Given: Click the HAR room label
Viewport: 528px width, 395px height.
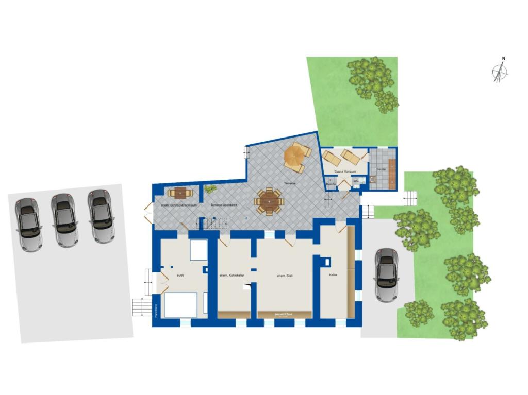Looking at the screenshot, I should pyautogui.click(x=180, y=276).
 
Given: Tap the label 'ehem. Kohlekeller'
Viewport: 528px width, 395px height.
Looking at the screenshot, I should pyautogui.click(x=232, y=276).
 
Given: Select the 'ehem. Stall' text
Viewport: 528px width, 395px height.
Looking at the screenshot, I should pyautogui.click(x=285, y=276).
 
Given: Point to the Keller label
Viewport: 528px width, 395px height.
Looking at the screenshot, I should pyautogui.click(x=333, y=276).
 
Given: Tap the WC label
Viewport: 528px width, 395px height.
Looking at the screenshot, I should pyautogui.click(x=356, y=181).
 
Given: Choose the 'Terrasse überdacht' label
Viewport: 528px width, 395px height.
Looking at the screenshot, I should pyautogui.click(x=224, y=205).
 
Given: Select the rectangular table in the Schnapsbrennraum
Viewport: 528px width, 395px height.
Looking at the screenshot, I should pyautogui.click(x=180, y=193).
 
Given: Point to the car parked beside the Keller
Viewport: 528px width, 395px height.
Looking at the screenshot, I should pyautogui.click(x=386, y=274).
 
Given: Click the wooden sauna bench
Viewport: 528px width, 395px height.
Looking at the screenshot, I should pyautogui.click(x=392, y=173).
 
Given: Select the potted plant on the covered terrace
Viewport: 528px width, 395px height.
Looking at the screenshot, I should pyautogui.click(x=209, y=189).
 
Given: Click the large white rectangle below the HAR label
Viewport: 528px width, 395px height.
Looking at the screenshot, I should pyautogui.click(x=180, y=304).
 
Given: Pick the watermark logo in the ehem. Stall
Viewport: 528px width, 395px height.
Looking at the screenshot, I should pyautogui.click(x=284, y=313).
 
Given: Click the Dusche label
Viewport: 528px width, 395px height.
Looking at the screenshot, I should pyautogui.click(x=331, y=184).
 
